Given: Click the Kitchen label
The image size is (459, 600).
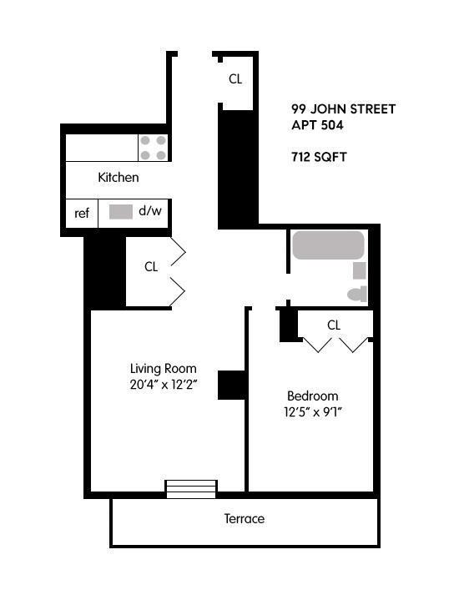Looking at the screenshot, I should (119, 178).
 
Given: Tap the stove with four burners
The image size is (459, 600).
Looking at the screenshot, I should (153, 149).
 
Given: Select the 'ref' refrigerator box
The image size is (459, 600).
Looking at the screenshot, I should (82, 213).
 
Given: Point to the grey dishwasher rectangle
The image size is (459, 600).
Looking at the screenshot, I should (121, 212).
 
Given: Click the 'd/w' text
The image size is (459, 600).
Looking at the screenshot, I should (150, 212).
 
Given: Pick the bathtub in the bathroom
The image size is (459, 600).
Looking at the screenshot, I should (328, 245).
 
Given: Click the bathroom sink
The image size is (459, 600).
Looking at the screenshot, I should (360, 270).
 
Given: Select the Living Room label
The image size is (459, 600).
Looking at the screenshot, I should (163, 368).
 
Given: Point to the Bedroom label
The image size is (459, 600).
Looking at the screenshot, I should (312, 396).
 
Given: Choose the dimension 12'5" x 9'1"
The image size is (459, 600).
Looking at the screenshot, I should (313, 412).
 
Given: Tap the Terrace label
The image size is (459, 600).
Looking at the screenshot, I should (244, 519).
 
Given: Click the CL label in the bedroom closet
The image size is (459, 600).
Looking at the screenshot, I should (334, 325).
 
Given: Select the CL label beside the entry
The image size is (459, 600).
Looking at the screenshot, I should (235, 79).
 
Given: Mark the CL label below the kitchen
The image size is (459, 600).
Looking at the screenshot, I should (151, 267).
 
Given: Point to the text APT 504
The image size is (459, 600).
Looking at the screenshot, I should (318, 125).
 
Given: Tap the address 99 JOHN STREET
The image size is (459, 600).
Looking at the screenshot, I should (343, 109).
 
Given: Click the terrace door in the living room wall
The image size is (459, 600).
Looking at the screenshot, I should (190, 488).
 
